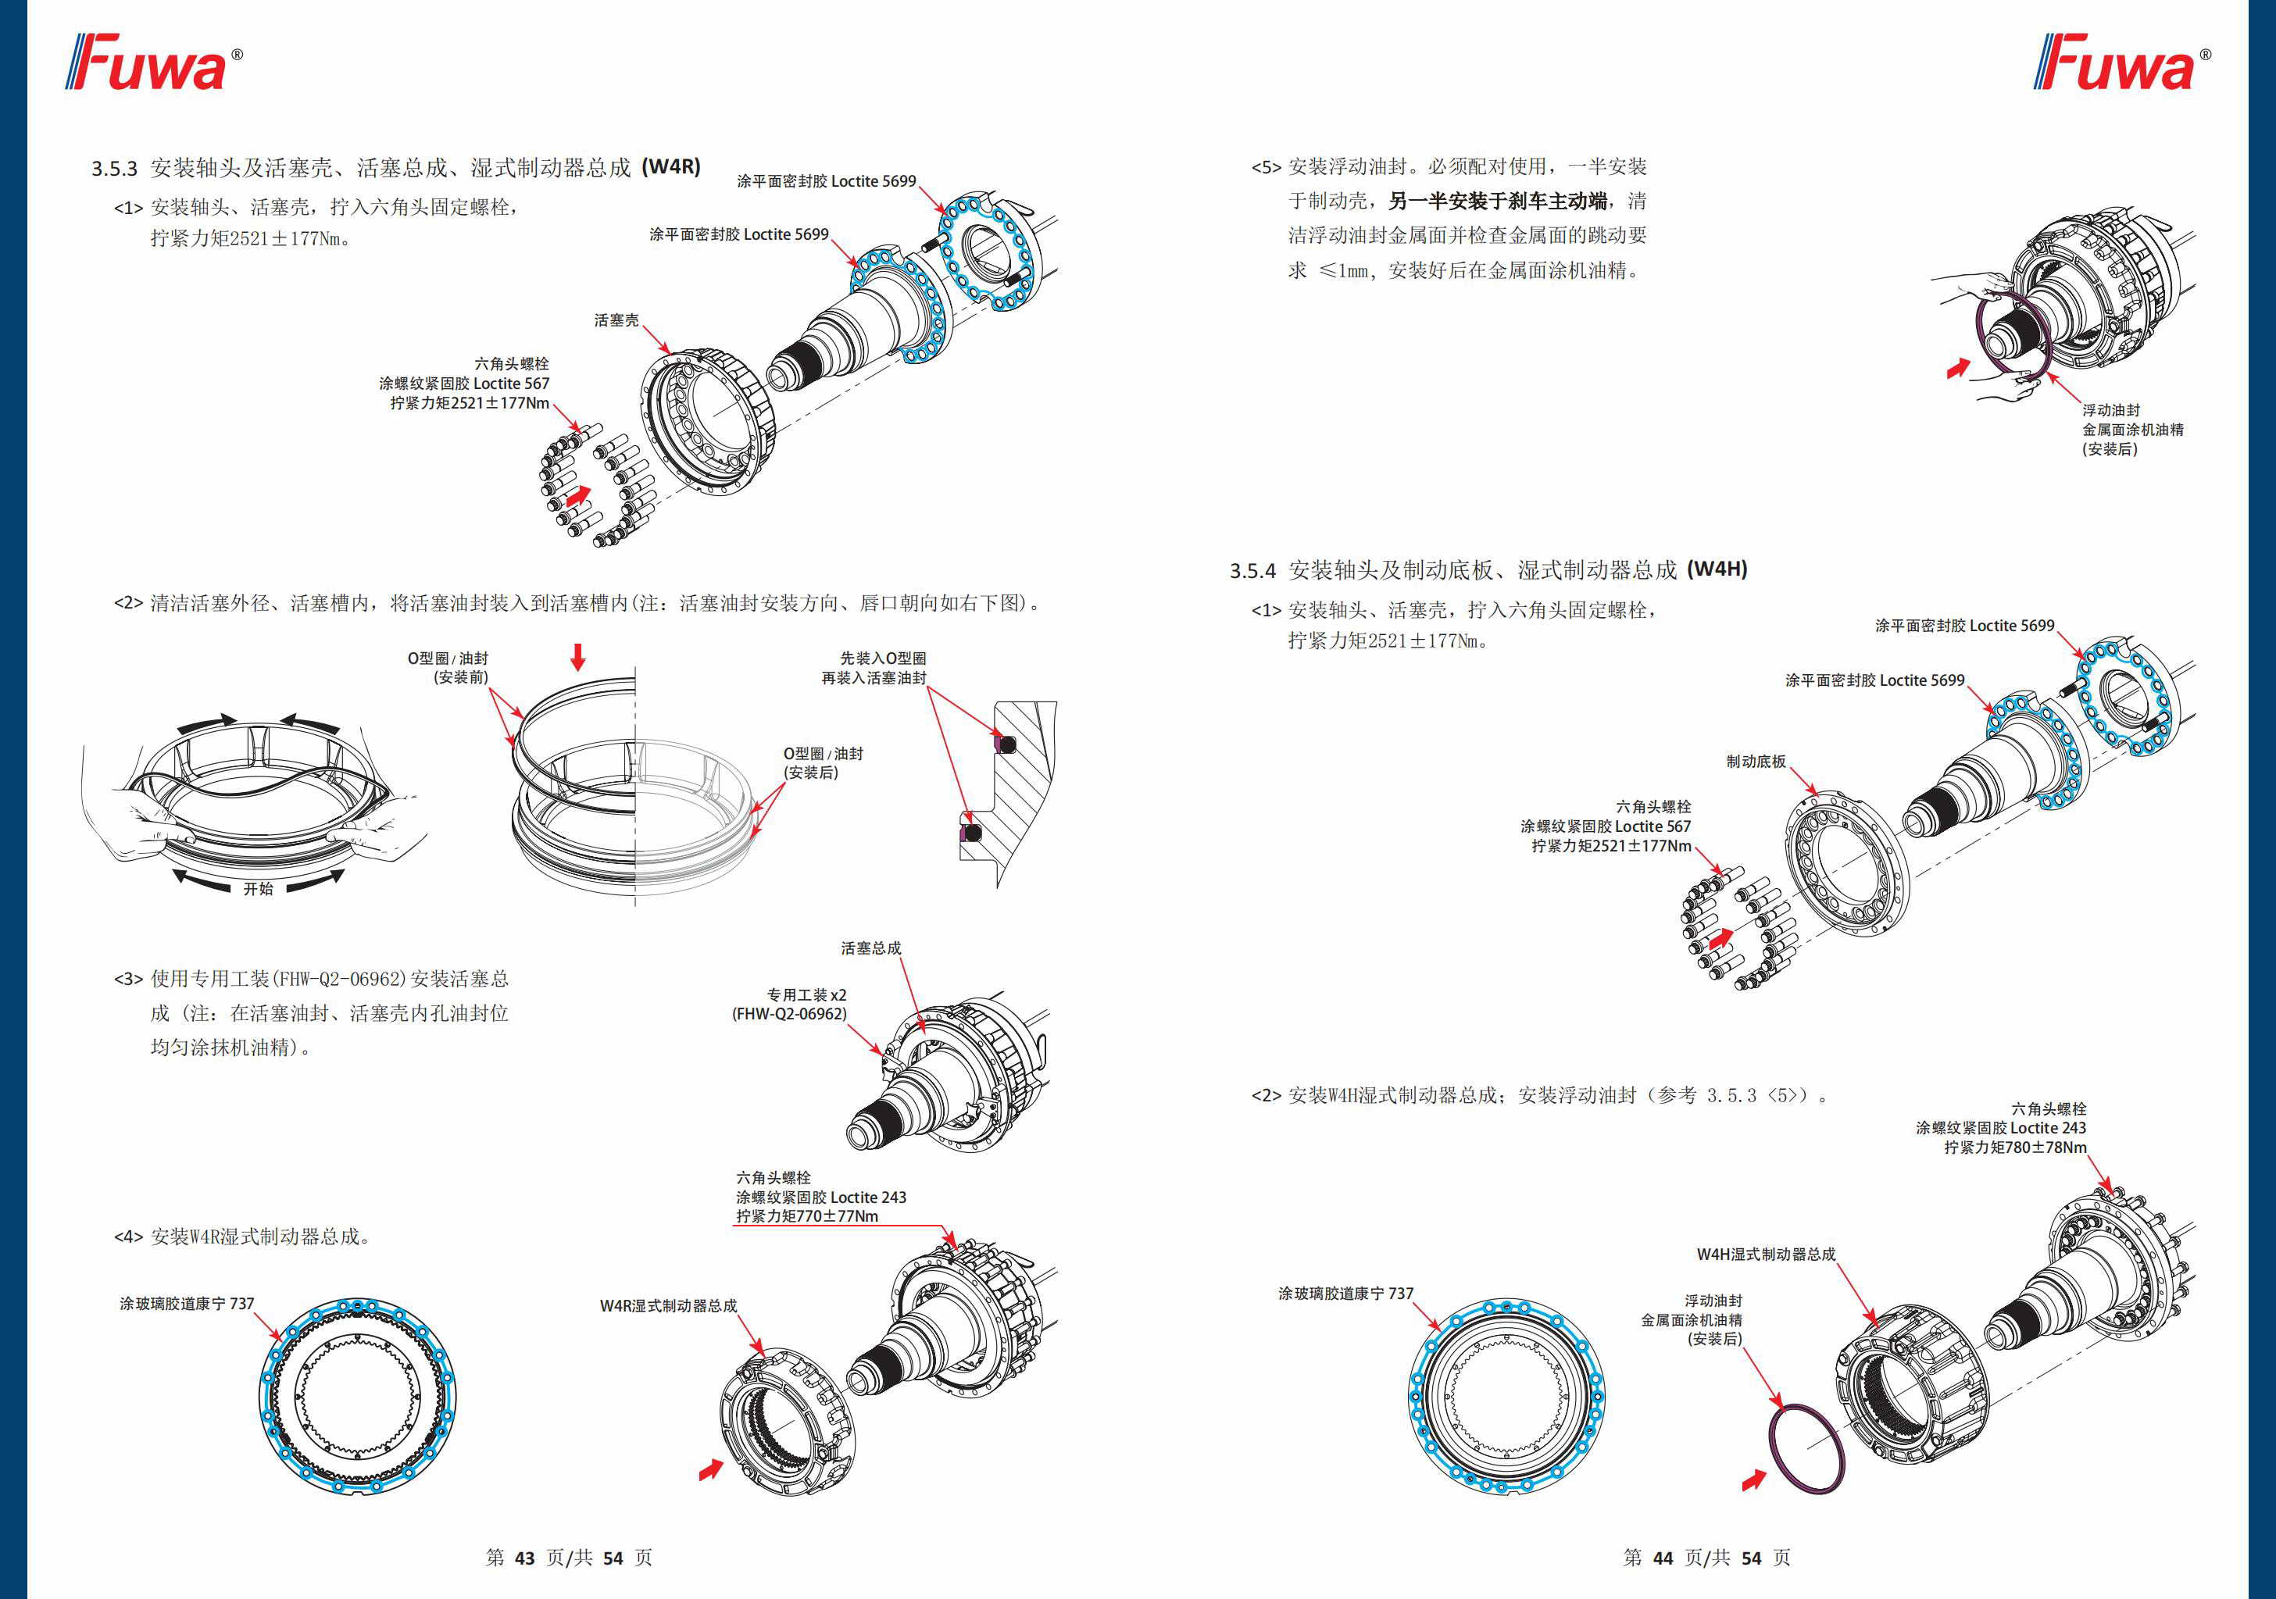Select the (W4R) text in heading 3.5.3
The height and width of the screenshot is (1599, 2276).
(x=671, y=166)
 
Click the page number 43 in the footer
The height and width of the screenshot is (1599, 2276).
(x=524, y=1558)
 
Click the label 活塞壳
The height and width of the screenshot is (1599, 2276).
(x=616, y=320)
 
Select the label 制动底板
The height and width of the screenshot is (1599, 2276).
(x=1756, y=762)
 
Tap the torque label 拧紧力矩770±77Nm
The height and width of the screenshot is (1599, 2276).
(x=807, y=1216)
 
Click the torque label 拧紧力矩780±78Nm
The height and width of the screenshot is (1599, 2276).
(x=2014, y=1147)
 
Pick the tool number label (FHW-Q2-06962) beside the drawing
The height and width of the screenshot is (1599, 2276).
(x=789, y=1014)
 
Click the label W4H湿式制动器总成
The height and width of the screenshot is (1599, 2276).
(x=1766, y=1254)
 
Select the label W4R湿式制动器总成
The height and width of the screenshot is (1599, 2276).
(x=668, y=1305)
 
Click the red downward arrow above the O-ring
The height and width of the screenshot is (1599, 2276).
(x=578, y=656)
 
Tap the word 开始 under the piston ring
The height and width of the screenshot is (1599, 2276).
(x=259, y=888)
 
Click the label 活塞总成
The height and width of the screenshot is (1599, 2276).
(x=870, y=948)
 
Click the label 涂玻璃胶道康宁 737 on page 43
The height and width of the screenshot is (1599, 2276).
(x=188, y=1304)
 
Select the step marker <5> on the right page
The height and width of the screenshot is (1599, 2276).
(x=1266, y=167)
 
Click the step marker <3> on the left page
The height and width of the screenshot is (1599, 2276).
(x=129, y=980)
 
